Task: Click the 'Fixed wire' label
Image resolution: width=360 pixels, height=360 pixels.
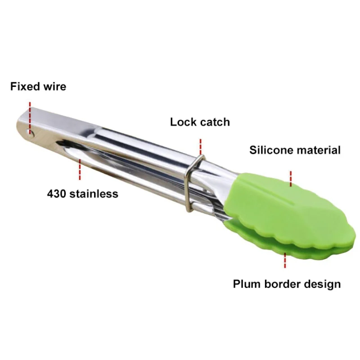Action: (x=38, y=86)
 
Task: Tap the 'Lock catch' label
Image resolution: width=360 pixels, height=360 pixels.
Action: (x=200, y=121)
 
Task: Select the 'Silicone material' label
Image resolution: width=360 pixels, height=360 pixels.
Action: (x=295, y=150)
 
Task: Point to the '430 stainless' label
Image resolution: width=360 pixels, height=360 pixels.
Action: (x=83, y=193)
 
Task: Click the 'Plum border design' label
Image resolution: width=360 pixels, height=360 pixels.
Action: (x=287, y=284)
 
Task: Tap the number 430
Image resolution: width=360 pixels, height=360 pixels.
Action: (x=56, y=193)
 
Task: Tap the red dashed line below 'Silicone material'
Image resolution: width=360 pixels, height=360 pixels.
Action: (x=291, y=178)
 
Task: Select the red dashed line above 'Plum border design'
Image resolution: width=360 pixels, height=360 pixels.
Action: (x=285, y=261)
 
